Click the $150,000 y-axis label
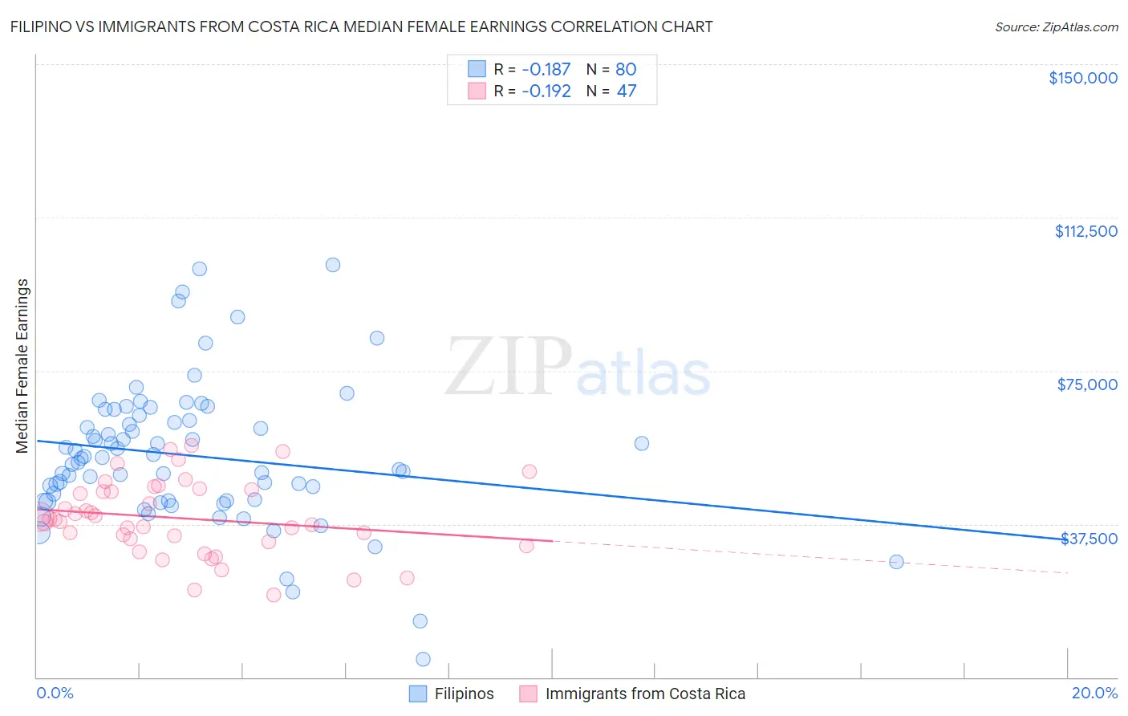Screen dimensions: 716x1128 [1083, 78]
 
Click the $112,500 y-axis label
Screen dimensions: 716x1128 [1085, 231]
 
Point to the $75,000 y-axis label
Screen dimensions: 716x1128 [1087, 384]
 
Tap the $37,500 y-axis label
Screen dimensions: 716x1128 [1089, 538]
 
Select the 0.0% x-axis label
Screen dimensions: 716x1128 [55, 693]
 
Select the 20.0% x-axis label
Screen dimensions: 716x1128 [1094, 693]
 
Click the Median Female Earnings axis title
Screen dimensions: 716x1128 [22, 366]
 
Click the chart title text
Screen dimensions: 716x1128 [361, 26]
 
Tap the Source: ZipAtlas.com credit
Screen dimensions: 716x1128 [1056, 26]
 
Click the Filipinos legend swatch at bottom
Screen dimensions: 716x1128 [418, 694]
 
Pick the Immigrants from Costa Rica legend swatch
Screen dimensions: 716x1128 [528, 694]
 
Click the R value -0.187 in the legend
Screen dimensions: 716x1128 [546, 69]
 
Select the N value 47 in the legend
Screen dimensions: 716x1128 [626, 91]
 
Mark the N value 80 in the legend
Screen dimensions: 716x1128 [626, 69]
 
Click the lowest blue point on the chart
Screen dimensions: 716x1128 [423, 659]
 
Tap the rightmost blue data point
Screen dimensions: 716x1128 [896, 562]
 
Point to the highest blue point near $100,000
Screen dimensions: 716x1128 [333, 265]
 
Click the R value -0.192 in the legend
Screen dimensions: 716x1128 [546, 91]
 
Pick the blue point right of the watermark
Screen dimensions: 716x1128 [641, 443]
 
